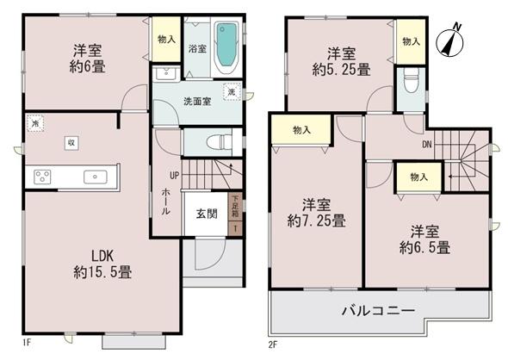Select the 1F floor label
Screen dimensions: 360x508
pos(27,344)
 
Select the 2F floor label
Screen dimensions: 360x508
pos(274,344)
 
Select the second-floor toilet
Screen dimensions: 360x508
pos(410,83)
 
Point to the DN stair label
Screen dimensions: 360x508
pos(426,144)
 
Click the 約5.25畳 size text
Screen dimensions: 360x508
pos(342,68)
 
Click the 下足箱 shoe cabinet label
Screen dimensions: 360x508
pos(233,209)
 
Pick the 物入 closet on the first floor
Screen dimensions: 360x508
pos(167,40)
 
